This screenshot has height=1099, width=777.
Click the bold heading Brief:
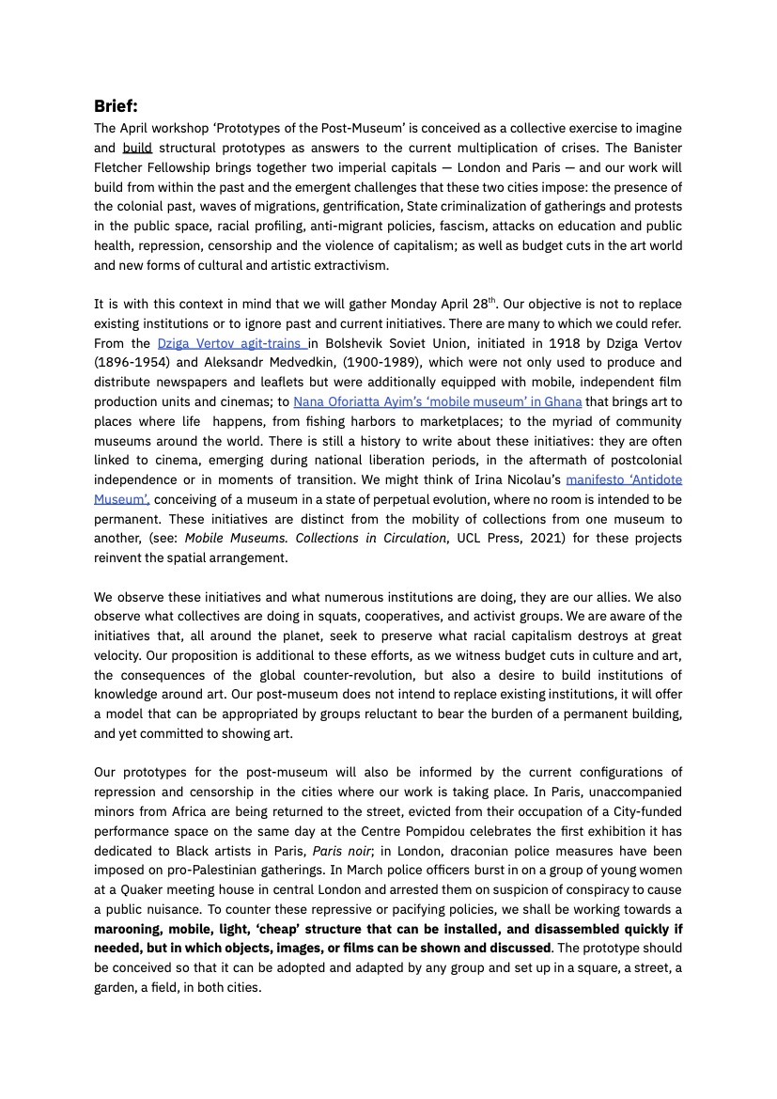click(116, 106)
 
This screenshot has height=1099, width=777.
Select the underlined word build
click(137, 148)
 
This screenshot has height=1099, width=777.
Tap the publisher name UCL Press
click(485, 539)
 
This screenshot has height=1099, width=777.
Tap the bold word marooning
click(133, 930)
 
